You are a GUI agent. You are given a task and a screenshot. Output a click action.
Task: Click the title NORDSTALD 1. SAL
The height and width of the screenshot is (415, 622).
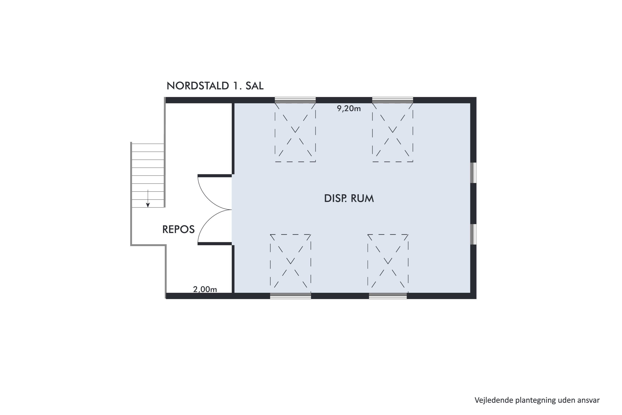coord(215,86)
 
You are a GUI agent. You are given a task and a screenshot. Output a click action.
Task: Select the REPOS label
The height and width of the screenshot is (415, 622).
coord(179,229)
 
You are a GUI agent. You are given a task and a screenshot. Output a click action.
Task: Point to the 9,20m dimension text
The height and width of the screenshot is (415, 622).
coord(349,109)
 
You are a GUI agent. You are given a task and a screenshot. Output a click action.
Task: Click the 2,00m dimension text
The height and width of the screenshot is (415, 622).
coord(205,289)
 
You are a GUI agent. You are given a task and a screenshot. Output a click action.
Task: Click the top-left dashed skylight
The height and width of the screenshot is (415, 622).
coord(295,132)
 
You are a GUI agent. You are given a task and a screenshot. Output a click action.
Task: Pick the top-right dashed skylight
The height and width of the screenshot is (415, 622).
coord(393,132)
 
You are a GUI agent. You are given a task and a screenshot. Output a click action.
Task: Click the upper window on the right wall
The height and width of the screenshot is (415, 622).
coord(473,173)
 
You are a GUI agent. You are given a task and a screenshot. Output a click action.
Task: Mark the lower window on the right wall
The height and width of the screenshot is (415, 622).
coord(473,234)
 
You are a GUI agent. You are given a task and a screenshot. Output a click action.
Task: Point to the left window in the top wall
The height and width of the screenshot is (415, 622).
coord(295,100)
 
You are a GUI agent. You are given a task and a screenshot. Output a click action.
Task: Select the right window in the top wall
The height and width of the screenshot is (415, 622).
coord(393,100)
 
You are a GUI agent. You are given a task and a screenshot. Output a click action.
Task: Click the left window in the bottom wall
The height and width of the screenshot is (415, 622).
coord(290,296)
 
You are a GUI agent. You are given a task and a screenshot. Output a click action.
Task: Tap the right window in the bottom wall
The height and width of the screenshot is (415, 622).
coord(388,296)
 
